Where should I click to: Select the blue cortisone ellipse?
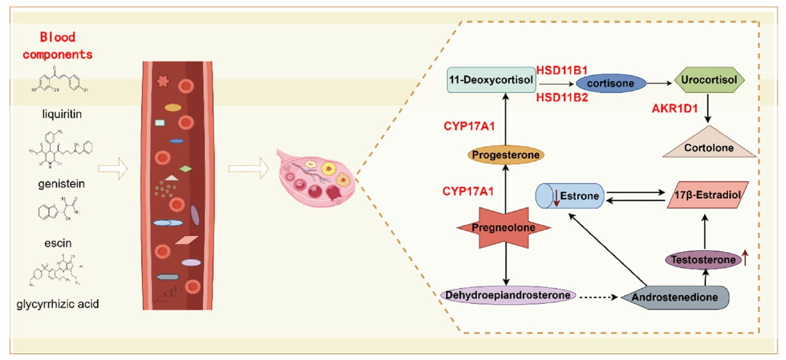611,83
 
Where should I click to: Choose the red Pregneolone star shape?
504,227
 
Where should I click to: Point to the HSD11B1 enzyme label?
562,70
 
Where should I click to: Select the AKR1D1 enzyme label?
675,109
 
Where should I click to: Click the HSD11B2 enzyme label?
562,97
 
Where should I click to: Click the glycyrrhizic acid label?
58,304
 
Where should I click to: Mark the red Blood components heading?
58,45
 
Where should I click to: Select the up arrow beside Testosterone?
745,257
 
